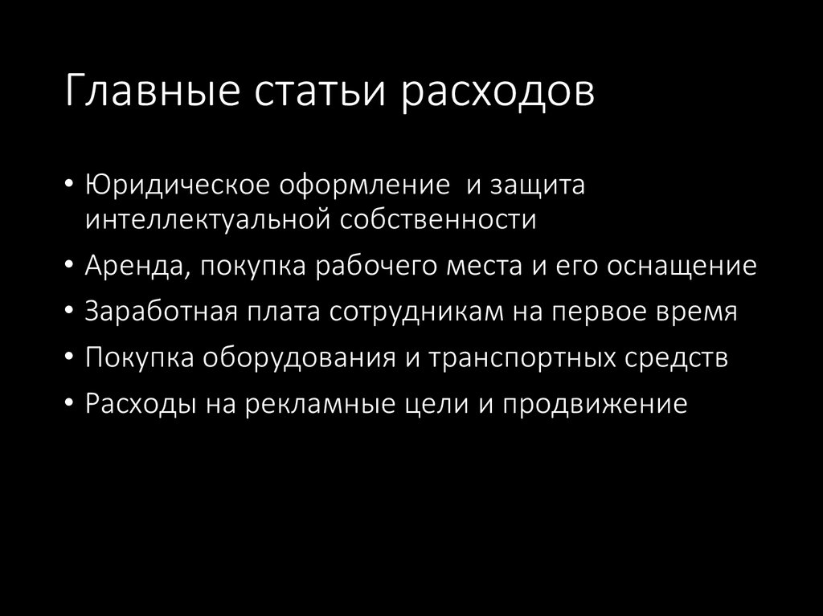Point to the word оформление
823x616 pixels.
pyautogui.click(x=364, y=186)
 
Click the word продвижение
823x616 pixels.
pyautogui.click(x=595, y=403)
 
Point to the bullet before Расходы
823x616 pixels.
pyautogui.click(x=72, y=403)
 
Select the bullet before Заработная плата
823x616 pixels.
pyautogui.click(x=72, y=312)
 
